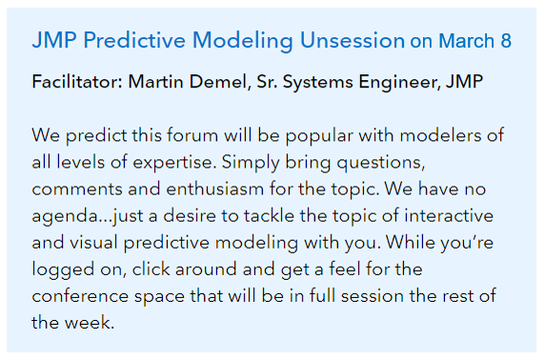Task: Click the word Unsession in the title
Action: (x=352, y=41)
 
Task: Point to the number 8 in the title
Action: (x=505, y=41)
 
